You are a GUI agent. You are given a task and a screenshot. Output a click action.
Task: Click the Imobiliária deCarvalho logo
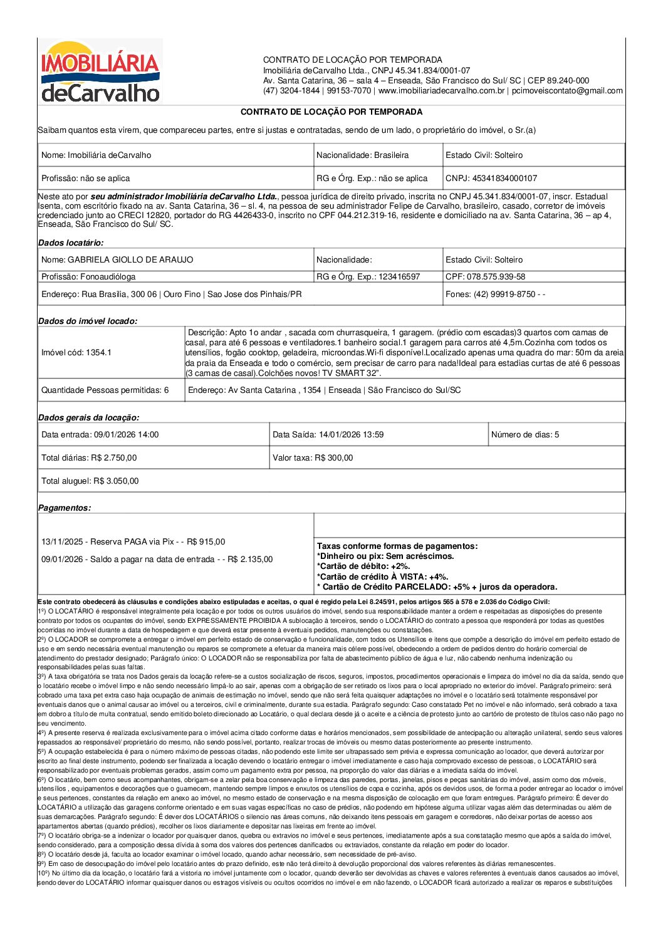tap(100, 71)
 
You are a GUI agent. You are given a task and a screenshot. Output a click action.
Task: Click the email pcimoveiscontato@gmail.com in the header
tap(567, 91)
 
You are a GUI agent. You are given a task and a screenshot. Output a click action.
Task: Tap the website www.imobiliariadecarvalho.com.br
tap(441, 91)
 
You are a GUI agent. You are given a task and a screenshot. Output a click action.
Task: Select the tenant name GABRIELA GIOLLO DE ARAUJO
tap(130, 260)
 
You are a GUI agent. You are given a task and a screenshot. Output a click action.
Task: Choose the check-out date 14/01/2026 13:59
tap(351, 435)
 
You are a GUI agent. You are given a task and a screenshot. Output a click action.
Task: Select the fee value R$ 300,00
tap(333, 458)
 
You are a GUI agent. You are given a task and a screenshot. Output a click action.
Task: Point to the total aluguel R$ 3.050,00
tap(116, 481)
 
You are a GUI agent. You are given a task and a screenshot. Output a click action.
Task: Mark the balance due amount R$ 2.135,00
tap(250, 560)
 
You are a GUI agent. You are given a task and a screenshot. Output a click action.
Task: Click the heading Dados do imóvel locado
tap(88, 321)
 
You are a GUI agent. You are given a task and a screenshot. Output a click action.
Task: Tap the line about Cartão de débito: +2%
tap(363, 566)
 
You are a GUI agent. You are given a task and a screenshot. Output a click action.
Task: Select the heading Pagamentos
tap(65, 508)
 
